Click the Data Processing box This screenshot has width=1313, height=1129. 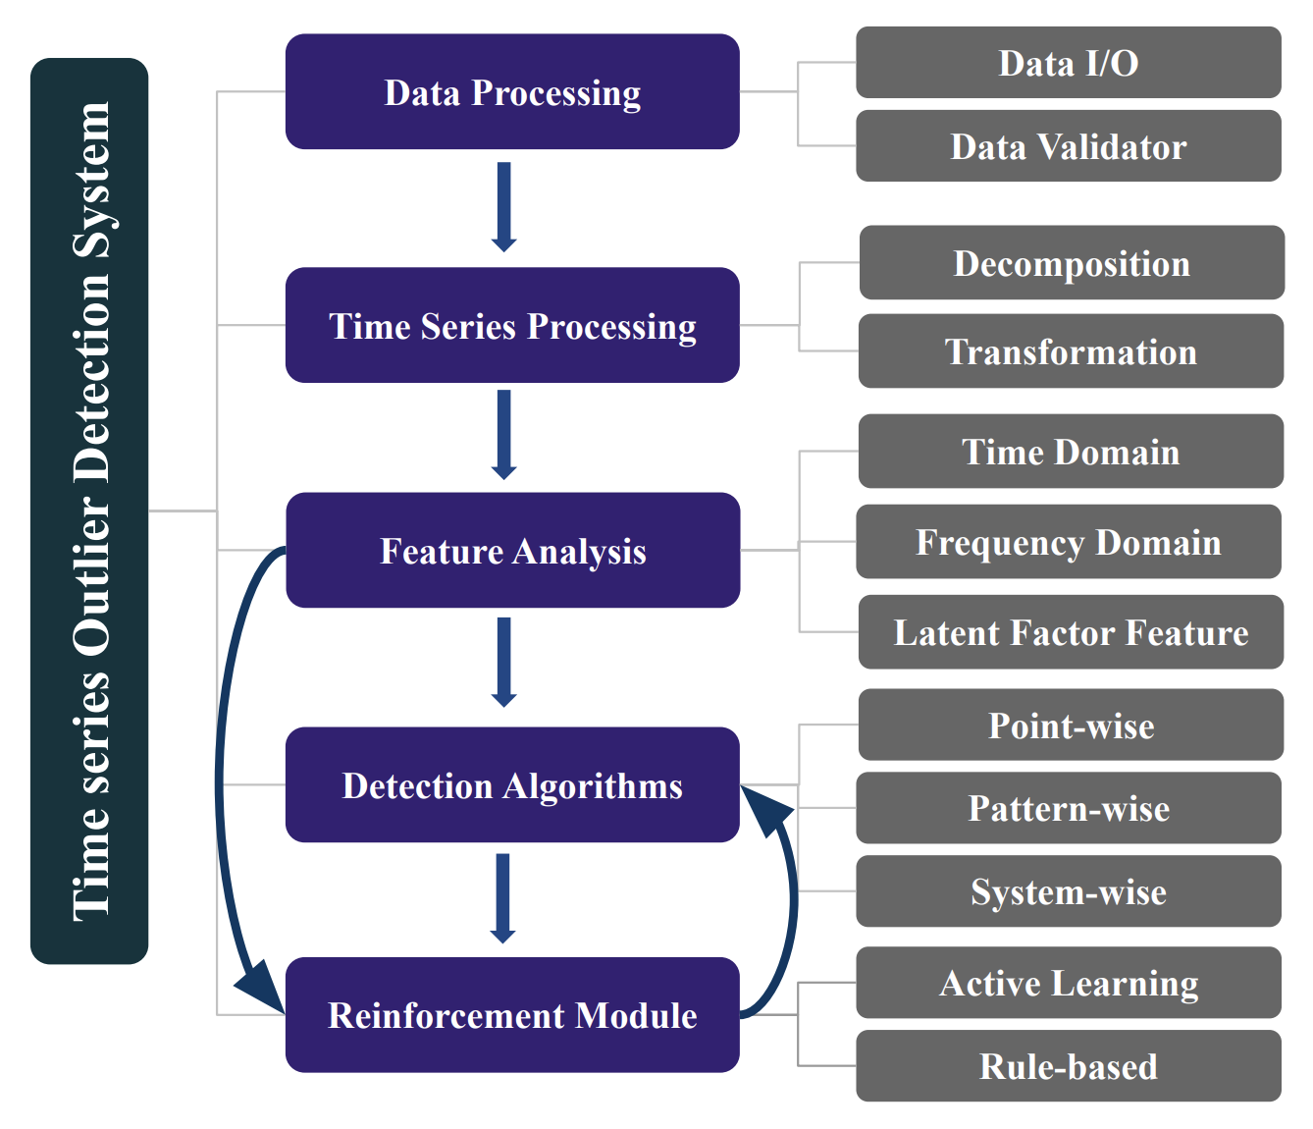click(512, 92)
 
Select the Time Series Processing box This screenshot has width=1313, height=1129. click(512, 325)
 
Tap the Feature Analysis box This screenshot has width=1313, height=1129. click(512, 550)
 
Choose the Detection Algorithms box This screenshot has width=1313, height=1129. click(512, 784)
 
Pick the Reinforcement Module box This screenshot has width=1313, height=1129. click(512, 1014)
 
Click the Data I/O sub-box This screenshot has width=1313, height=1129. click(1068, 63)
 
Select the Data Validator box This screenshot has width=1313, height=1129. click(1068, 146)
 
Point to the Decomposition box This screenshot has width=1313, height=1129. click(1071, 263)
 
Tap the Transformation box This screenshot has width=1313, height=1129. click(1071, 351)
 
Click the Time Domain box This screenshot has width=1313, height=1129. click(1071, 452)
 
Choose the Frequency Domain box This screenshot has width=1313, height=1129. click(1068, 542)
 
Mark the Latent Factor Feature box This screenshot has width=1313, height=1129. click(1071, 632)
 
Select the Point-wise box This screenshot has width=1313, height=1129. click(1071, 726)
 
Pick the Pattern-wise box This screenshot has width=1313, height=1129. click(1068, 808)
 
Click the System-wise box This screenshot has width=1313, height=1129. click(1068, 891)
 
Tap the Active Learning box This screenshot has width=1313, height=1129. click(1068, 983)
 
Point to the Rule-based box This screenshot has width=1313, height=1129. click(1068, 1066)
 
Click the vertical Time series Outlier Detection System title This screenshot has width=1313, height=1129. click(89, 511)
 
